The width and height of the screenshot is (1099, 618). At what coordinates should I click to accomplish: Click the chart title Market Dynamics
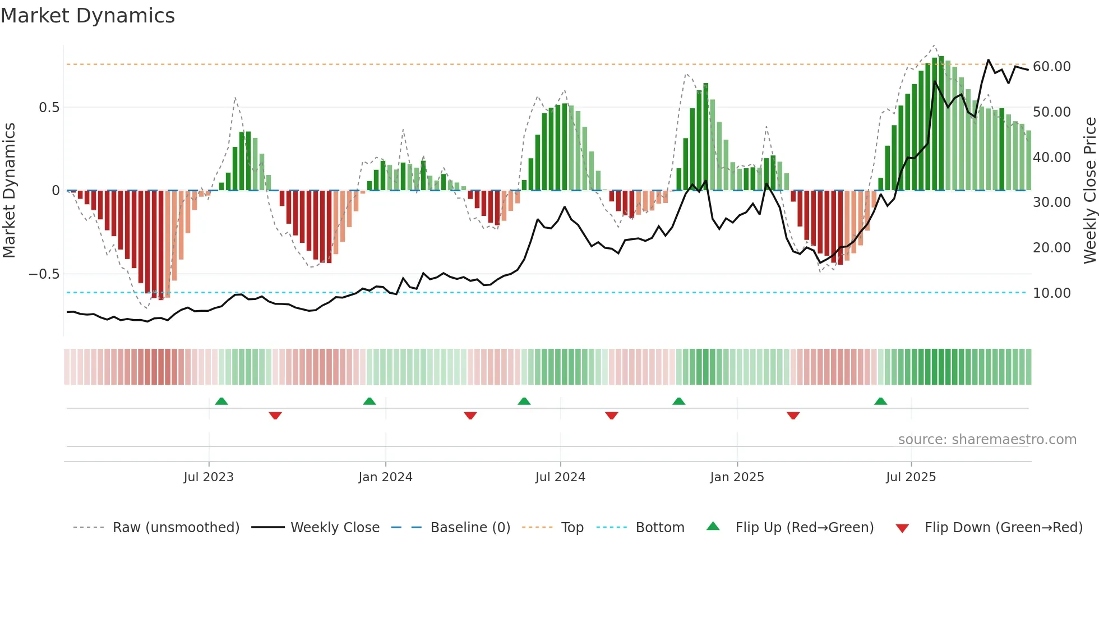pyautogui.click(x=87, y=16)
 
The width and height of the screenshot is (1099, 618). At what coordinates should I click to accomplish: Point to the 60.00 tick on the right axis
pyautogui.click(x=1051, y=66)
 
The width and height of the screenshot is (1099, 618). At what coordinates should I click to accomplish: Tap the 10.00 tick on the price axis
pyautogui.click(x=1051, y=293)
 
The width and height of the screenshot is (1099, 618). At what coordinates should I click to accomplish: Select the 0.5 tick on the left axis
pyautogui.click(x=49, y=108)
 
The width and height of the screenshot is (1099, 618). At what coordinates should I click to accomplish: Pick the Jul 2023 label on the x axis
pyautogui.click(x=209, y=477)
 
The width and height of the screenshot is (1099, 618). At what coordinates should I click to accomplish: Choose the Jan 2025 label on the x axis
pyautogui.click(x=737, y=477)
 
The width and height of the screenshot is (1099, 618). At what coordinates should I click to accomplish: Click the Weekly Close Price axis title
pyautogui.click(x=1089, y=190)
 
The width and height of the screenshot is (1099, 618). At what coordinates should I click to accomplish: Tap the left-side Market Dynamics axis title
pyautogui.click(x=9, y=190)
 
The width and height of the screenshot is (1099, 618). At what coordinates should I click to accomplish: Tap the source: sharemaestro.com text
pyautogui.click(x=987, y=439)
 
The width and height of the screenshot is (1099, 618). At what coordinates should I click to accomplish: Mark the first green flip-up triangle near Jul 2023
pyautogui.click(x=221, y=401)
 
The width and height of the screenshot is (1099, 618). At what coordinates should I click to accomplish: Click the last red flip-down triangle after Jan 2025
pyautogui.click(x=793, y=416)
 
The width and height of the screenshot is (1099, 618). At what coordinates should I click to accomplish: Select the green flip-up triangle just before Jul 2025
pyautogui.click(x=880, y=401)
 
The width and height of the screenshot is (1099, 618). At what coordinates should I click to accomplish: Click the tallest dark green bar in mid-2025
pyautogui.click(x=941, y=123)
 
